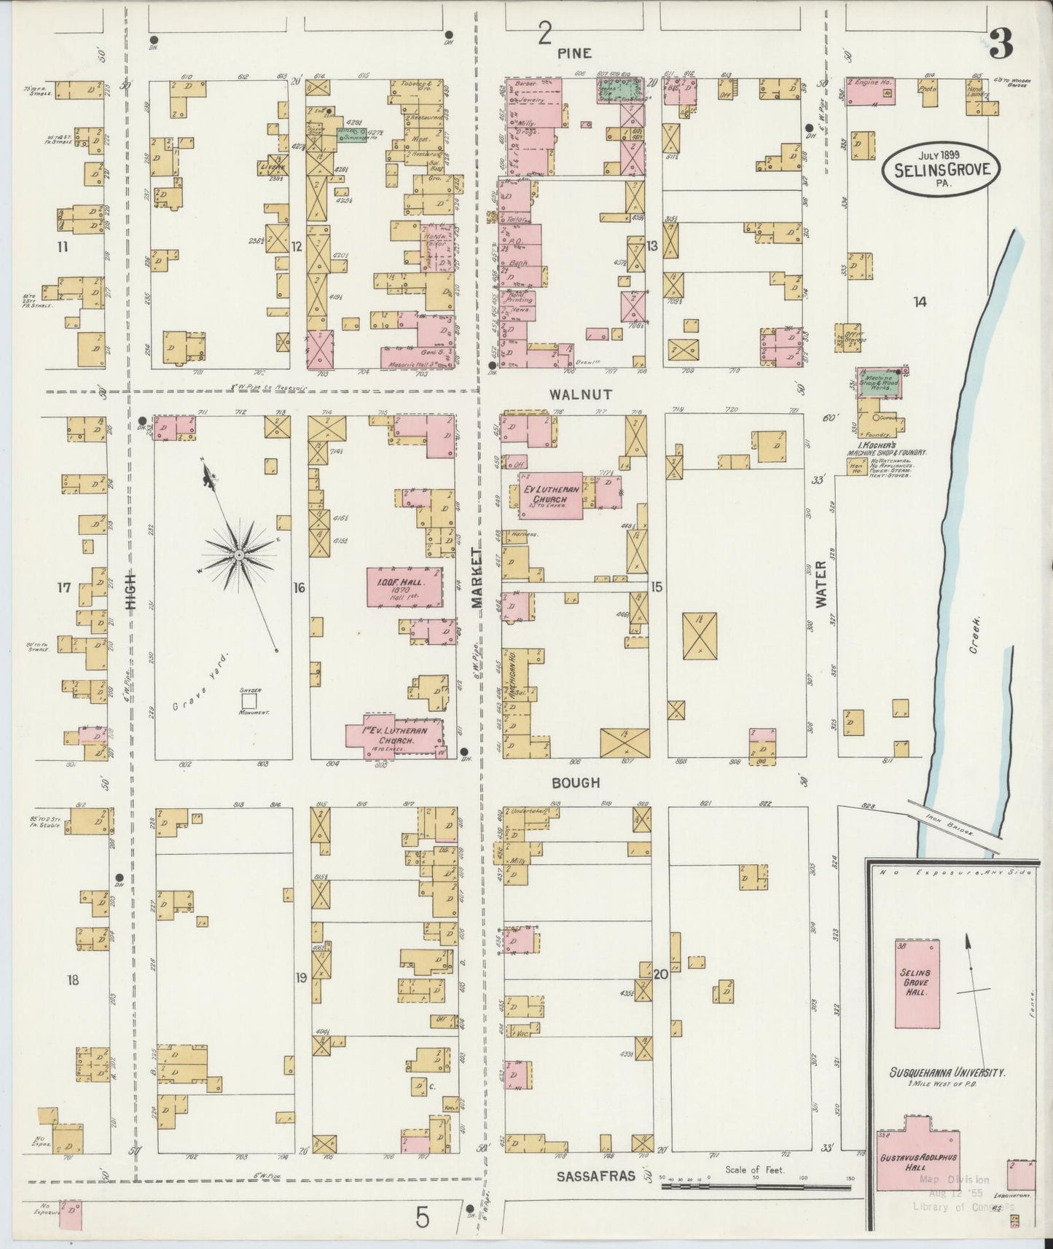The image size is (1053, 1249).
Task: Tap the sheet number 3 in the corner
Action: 1001,47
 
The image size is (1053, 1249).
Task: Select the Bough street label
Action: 576,782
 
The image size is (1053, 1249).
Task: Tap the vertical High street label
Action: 131,590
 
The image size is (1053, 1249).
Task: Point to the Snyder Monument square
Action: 250,700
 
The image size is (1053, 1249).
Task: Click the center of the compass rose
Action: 238,555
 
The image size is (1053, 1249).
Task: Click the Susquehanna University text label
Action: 947,1073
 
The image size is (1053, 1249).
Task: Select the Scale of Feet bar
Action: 755,1187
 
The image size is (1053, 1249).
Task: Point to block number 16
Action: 299,587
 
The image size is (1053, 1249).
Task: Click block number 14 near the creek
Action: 920,302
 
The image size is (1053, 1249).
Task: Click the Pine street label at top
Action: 574,53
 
